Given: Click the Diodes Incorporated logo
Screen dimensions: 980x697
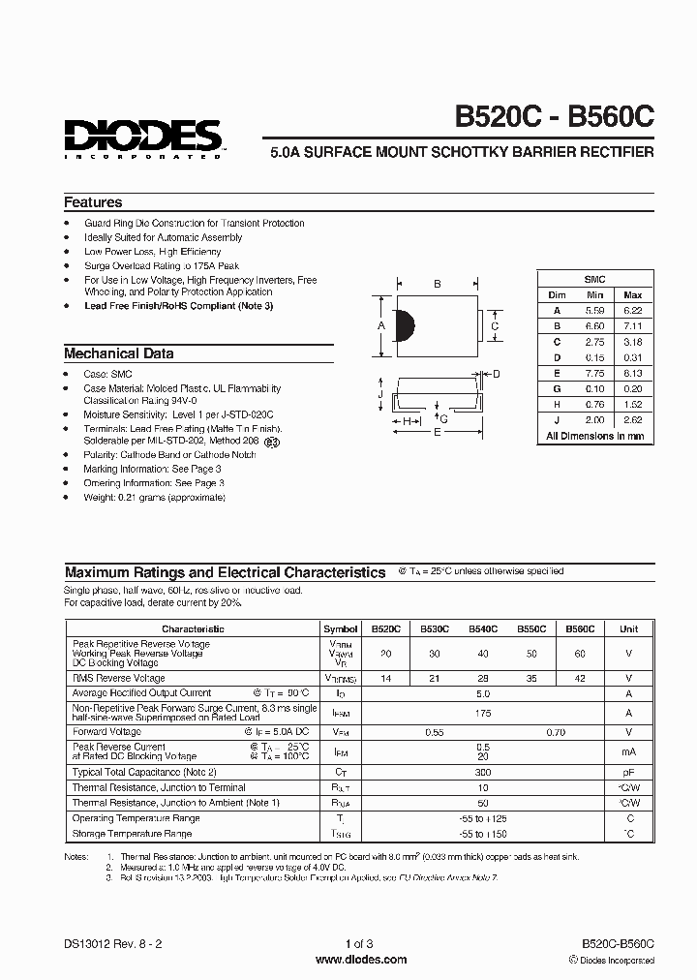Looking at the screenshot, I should tap(143, 136).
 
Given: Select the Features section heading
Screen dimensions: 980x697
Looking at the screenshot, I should tap(93, 202).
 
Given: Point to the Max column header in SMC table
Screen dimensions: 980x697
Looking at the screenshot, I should tap(632, 294).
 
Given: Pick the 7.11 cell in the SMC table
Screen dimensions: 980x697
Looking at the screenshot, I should tap(632, 326).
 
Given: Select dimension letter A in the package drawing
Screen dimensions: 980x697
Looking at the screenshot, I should tap(380, 325).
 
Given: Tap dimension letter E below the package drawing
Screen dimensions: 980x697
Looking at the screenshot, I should tap(437, 433).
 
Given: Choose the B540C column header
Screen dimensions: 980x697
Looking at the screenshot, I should tap(483, 628).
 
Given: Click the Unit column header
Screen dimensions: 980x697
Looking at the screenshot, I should tap(628, 628).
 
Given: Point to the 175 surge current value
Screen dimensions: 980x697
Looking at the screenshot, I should tap(483, 713).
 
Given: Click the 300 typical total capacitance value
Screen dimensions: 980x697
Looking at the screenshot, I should tap(483, 772).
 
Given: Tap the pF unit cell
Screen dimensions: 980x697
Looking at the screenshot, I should tap(628, 772).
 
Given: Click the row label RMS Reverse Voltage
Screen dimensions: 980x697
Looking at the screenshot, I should tap(120, 679).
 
